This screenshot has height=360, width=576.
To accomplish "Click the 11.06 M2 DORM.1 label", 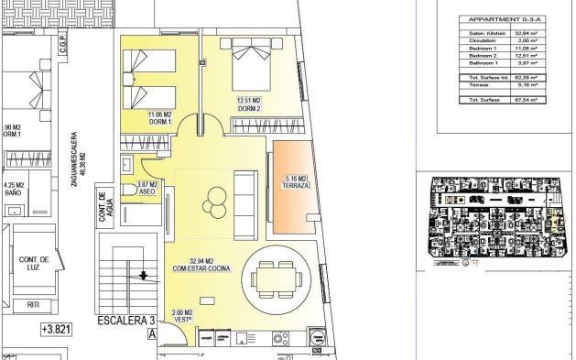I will pyautogui.click(x=159, y=118).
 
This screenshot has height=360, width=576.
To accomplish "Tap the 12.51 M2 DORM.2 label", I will pyautogui.click(x=250, y=105).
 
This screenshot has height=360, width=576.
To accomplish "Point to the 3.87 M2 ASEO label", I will pyautogui.click(x=147, y=188).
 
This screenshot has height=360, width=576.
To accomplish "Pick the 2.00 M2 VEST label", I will pyautogui.click(x=182, y=317).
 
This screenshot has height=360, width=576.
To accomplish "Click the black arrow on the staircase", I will pyautogui.click(x=142, y=274).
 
